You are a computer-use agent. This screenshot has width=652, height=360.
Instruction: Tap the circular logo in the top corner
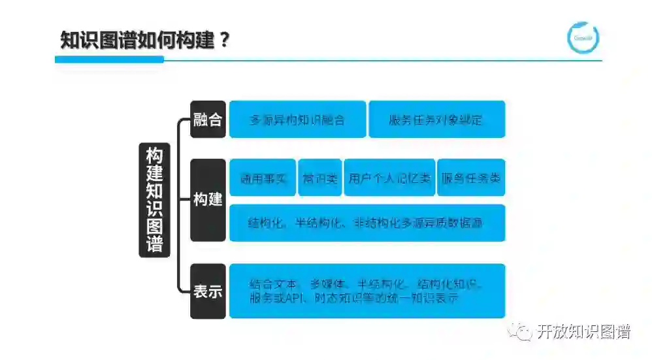[583, 37]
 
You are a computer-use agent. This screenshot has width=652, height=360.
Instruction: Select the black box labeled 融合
[208, 120]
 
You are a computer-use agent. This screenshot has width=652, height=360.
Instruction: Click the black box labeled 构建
[208, 200]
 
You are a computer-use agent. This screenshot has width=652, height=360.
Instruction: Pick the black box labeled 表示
[208, 291]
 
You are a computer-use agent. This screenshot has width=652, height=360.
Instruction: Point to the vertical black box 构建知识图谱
[154, 200]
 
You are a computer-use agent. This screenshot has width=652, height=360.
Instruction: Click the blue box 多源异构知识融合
[297, 120]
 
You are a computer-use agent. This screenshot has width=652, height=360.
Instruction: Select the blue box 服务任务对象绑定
[436, 120]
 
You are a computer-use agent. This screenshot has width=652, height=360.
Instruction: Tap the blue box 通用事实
[263, 178]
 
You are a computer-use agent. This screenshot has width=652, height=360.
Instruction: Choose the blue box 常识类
[320, 178]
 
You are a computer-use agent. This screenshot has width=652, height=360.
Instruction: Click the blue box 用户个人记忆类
[389, 178]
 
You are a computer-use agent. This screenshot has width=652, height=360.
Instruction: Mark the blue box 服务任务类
[471, 178]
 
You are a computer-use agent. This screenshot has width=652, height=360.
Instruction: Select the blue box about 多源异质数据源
[367, 223]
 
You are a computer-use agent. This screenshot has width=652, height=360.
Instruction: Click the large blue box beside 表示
[367, 291]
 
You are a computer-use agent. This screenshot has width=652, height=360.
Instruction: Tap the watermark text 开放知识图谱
[583, 332]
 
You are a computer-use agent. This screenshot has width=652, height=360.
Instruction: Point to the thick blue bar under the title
[109, 59]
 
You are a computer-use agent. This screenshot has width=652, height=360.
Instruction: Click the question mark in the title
[224, 40]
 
